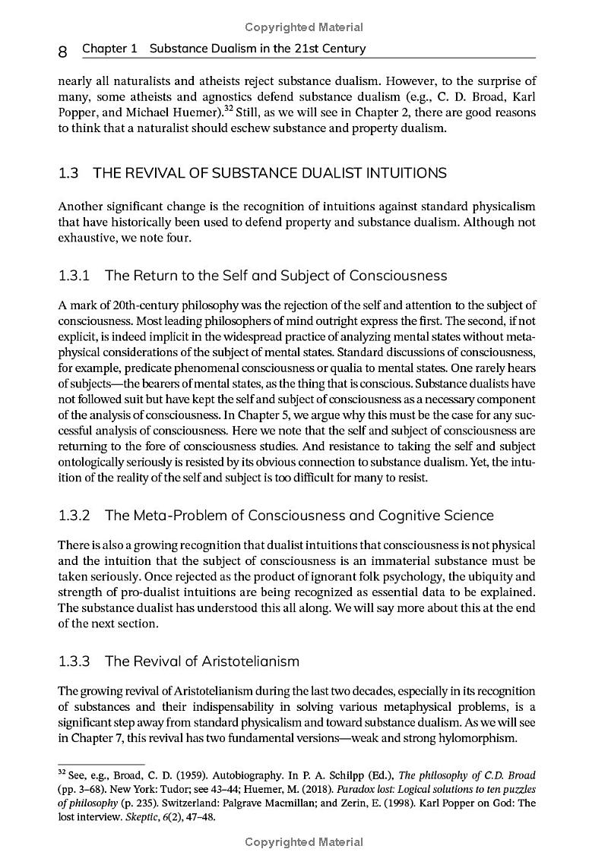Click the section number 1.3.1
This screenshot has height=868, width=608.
[74, 275]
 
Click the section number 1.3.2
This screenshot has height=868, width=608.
[74, 516]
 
